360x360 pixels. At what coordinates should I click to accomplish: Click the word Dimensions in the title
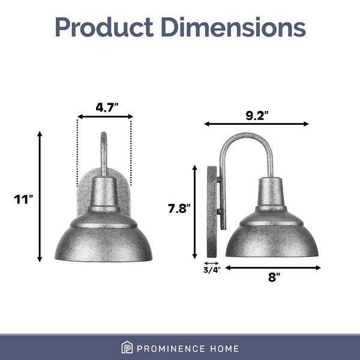[x=237, y=27]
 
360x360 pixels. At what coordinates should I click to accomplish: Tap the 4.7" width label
[x=107, y=107]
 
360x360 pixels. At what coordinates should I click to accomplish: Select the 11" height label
[x=22, y=199]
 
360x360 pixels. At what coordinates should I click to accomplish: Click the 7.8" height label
[x=179, y=208]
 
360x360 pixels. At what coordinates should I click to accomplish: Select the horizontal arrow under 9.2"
[x=256, y=124]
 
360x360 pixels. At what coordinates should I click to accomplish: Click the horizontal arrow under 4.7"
[x=105, y=118]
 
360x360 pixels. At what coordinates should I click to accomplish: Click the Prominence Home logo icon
[x=127, y=348]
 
